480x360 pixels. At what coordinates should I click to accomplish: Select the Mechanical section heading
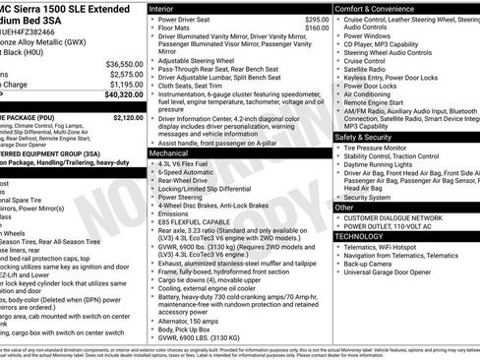[169, 153]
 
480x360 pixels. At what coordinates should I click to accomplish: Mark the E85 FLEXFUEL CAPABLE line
[198, 224]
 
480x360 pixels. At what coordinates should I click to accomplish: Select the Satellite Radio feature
[367, 70]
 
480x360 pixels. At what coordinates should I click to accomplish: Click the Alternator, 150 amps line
[192, 320]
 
